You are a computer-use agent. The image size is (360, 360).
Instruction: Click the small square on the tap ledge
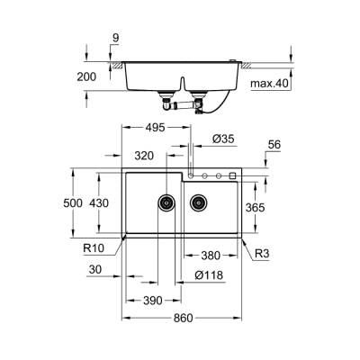click(x=232, y=175)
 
